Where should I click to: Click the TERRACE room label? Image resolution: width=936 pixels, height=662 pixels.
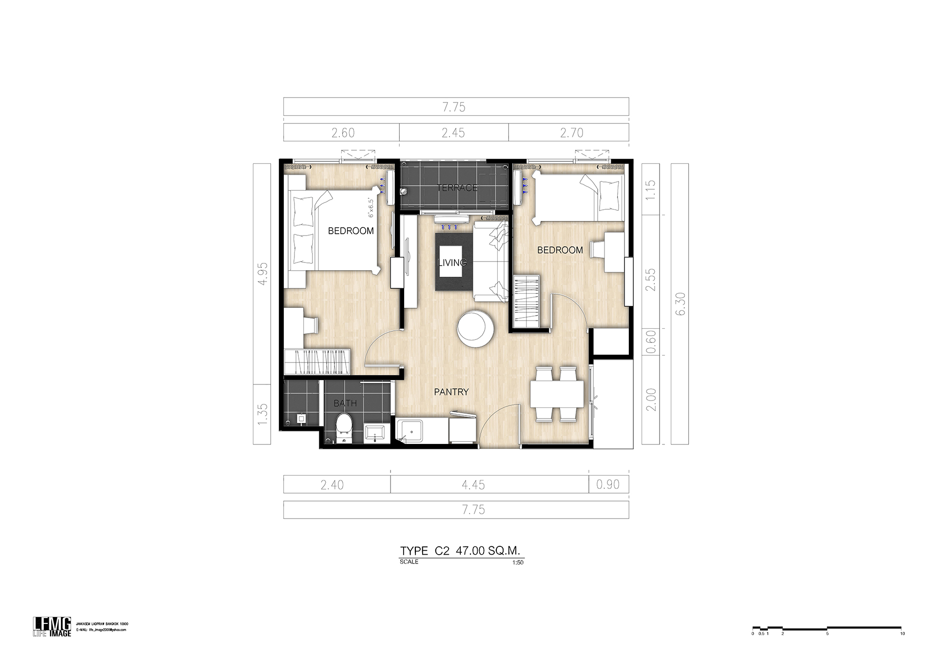(457, 188)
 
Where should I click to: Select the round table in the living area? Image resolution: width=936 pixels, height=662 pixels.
(475, 329)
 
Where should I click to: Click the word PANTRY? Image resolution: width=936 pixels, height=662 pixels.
(451, 392)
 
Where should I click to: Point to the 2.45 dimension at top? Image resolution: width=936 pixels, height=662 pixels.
(453, 133)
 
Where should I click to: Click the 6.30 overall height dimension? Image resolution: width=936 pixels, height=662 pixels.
(681, 303)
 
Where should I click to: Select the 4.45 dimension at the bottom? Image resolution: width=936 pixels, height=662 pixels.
(473, 485)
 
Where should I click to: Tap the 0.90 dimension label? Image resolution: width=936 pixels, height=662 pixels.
(608, 484)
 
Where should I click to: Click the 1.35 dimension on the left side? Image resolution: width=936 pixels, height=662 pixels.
(262, 414)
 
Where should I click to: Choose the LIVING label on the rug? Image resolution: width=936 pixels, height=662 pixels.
(452, 262)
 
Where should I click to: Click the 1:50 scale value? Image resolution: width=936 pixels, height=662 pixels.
(518, 562)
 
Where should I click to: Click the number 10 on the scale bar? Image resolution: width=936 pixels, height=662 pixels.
(902, 634)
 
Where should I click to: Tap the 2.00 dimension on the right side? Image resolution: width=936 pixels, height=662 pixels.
(651, 400)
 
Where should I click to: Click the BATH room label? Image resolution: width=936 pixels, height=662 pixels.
(345, 403)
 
